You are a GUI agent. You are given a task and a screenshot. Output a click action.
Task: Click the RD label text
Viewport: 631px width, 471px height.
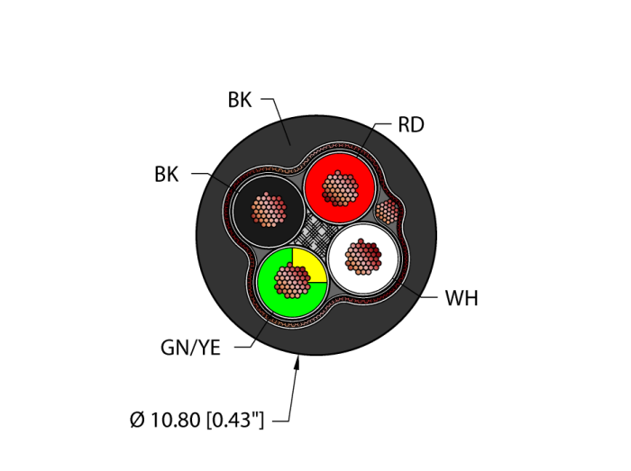(410, 125)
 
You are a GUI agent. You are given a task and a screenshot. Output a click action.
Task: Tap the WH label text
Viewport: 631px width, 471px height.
(461, 298)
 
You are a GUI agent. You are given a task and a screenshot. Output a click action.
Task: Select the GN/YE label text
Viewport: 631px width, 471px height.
(190, 348)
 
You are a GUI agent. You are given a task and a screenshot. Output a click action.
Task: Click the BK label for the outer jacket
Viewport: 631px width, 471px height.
(240, 100)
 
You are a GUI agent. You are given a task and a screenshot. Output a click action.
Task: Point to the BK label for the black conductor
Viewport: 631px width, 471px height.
(167, 175)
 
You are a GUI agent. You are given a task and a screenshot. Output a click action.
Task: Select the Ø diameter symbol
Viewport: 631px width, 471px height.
(137, 420)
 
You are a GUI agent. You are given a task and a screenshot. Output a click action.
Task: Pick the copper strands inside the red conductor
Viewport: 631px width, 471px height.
(340, 187)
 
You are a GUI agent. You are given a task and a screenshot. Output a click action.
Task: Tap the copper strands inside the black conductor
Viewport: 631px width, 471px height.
(268, 211)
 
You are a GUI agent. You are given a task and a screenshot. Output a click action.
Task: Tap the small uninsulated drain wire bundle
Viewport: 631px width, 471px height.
(388, 212)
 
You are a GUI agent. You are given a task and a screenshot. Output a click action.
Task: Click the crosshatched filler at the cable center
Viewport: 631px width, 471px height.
(316, 234)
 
